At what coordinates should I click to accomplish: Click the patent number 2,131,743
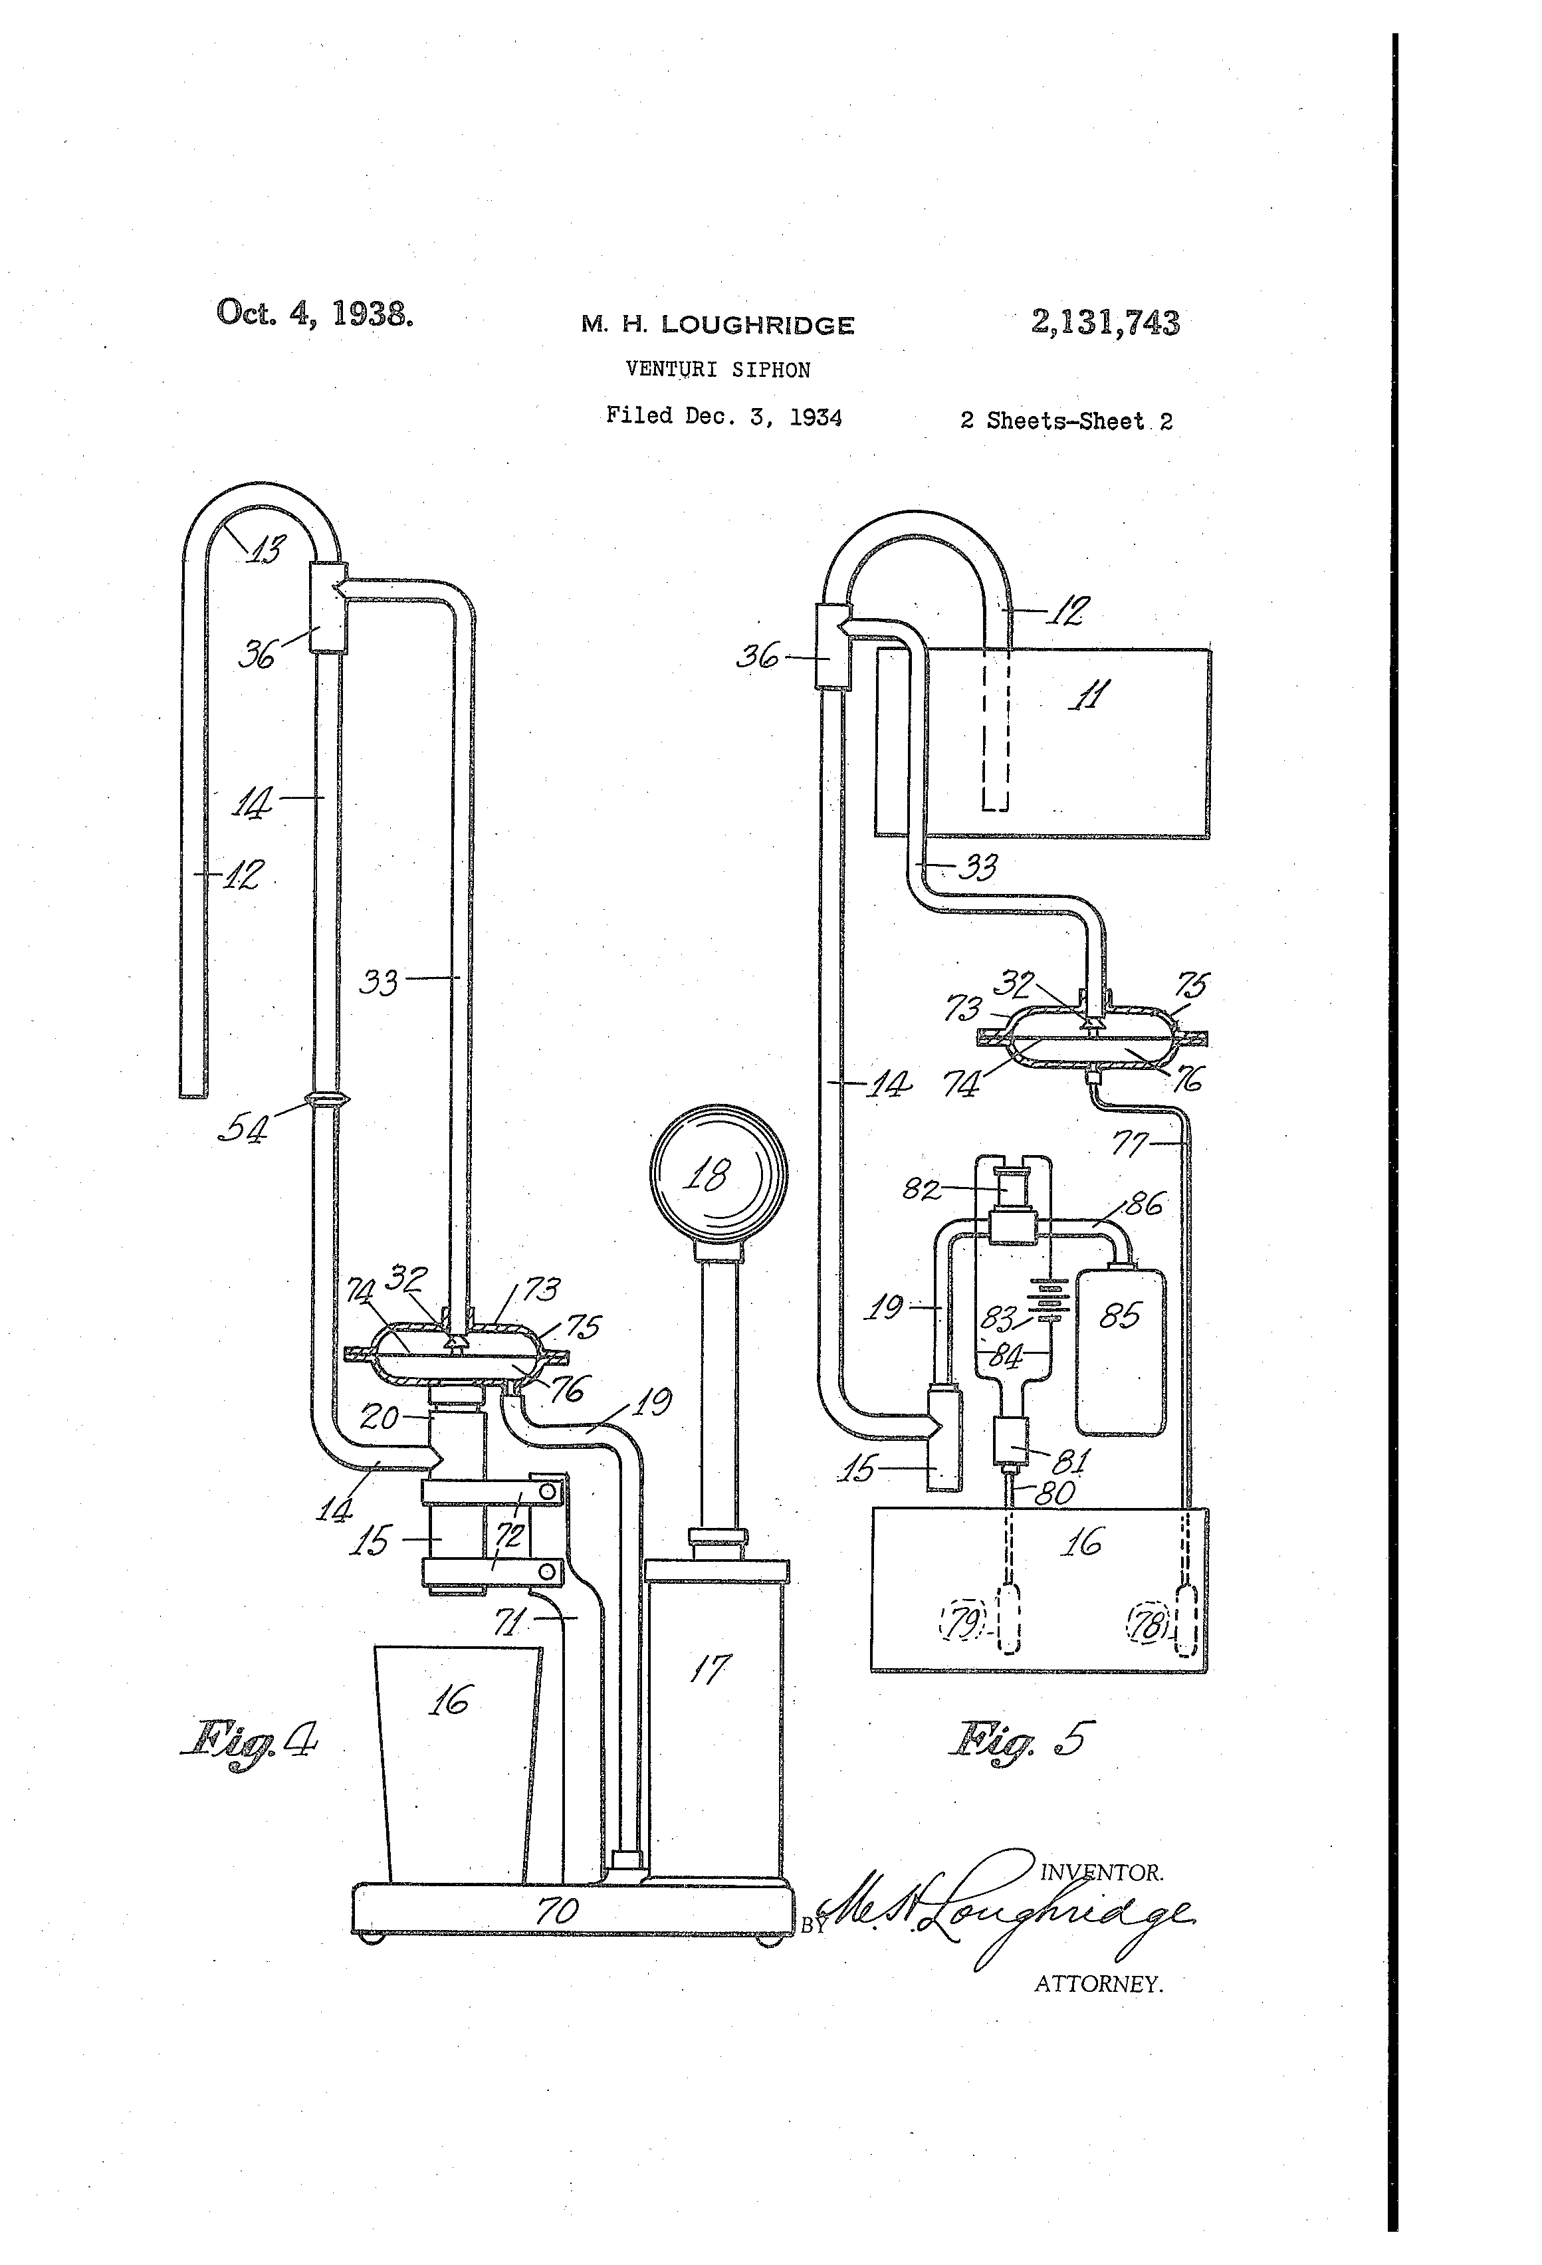[1105, 322]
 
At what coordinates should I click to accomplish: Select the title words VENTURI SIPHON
[717, 370]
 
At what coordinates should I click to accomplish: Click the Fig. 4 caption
[249, 1738]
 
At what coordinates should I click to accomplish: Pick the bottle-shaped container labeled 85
[1120, 1350]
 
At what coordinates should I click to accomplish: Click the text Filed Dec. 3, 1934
[723, 416]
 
